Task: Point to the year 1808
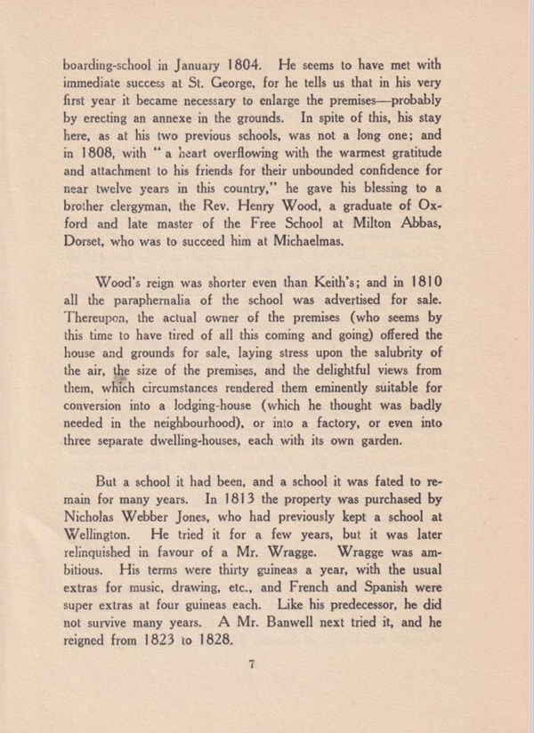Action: click(x=98, y=152)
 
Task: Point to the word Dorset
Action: click(x=89, y=241)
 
